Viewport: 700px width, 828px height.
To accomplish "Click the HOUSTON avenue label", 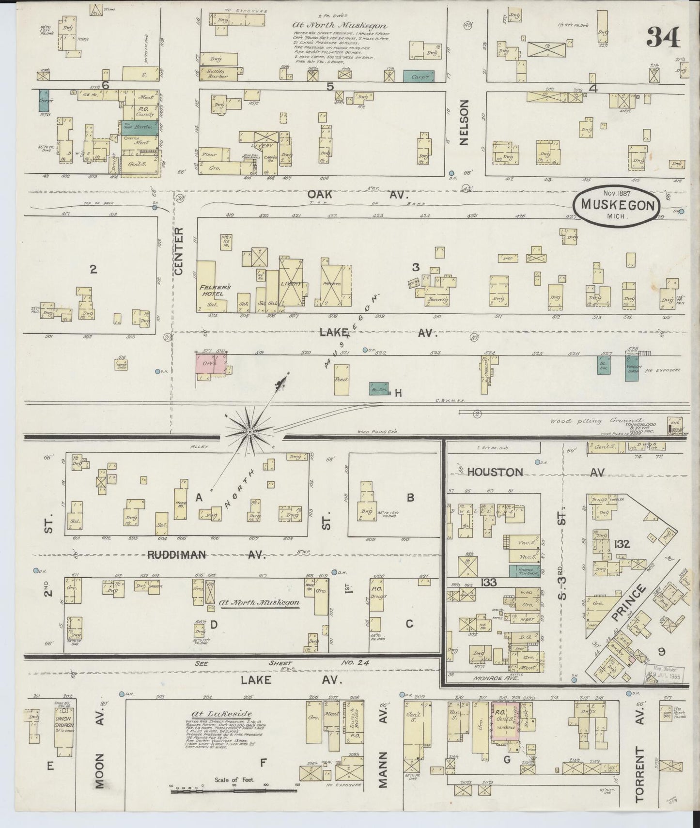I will [495, 472].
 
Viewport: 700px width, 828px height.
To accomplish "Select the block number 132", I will [621, 544].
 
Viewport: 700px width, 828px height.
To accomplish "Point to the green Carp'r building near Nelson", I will [419, 76].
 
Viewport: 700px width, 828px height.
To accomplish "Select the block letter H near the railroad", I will [398, 394].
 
